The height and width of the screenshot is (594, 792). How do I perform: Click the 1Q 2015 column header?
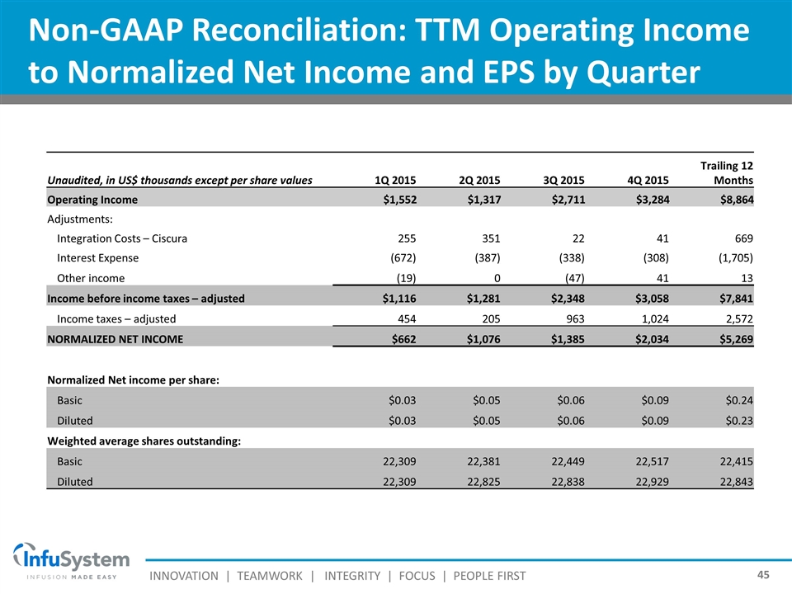point(395,181)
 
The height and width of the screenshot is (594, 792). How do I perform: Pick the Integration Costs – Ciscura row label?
point(121,239)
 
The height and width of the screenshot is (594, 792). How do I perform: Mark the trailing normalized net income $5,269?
point(733,338)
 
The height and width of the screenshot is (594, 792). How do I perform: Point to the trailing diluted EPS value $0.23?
point(738,421)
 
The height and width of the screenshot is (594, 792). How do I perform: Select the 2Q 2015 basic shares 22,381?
point(481,460)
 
